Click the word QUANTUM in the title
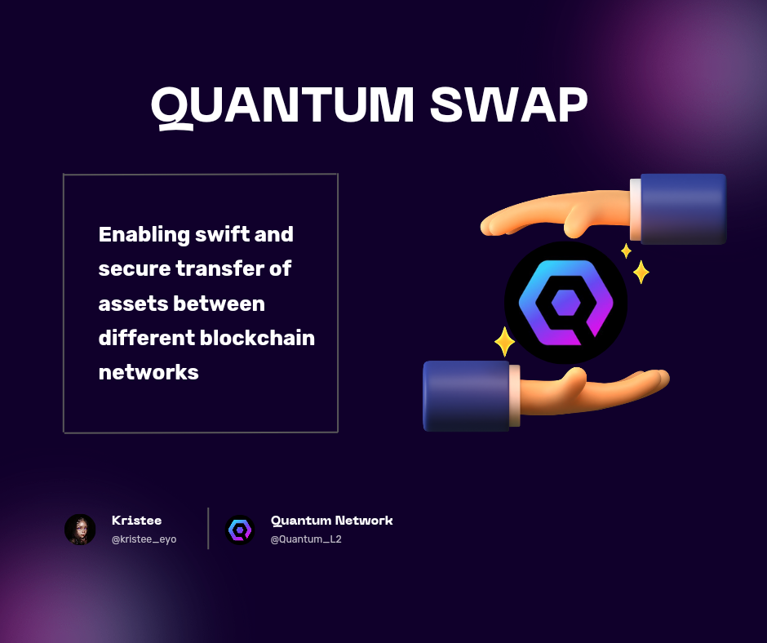coord(282,105)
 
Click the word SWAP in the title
coord(509,105)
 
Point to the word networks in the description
coord(149,372)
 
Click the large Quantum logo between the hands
coord(565,302)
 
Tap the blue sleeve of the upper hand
coord(683,208)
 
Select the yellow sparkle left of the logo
coord(504,341)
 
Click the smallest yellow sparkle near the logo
coord(626,251)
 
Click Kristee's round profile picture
coord(80,530)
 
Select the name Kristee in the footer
coord(136,521)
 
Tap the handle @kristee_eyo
coord(144,539)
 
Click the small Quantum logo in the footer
coord(240,530)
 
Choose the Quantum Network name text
coord(331,521)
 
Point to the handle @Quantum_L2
coord(305,539)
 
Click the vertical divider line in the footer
coord(208,528)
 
